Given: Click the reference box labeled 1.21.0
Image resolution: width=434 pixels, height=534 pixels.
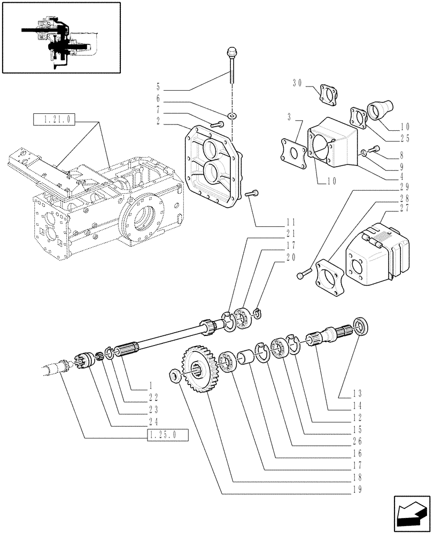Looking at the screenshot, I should pos(55,120).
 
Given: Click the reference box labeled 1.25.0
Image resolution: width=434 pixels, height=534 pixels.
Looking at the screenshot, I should pos(167,435).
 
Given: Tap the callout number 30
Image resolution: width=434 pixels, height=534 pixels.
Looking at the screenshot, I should pos(297,83).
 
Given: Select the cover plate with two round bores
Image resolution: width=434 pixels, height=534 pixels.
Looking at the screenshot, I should pos(212,165).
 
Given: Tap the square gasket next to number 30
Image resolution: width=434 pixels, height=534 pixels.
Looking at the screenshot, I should pos(325,94).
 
